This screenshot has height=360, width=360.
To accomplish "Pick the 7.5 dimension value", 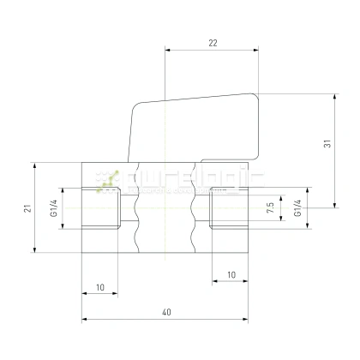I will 270,207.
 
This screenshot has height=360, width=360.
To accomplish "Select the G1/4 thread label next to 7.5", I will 297,207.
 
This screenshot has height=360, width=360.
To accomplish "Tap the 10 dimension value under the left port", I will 100,287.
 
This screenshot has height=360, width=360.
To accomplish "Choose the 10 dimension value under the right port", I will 231,275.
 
